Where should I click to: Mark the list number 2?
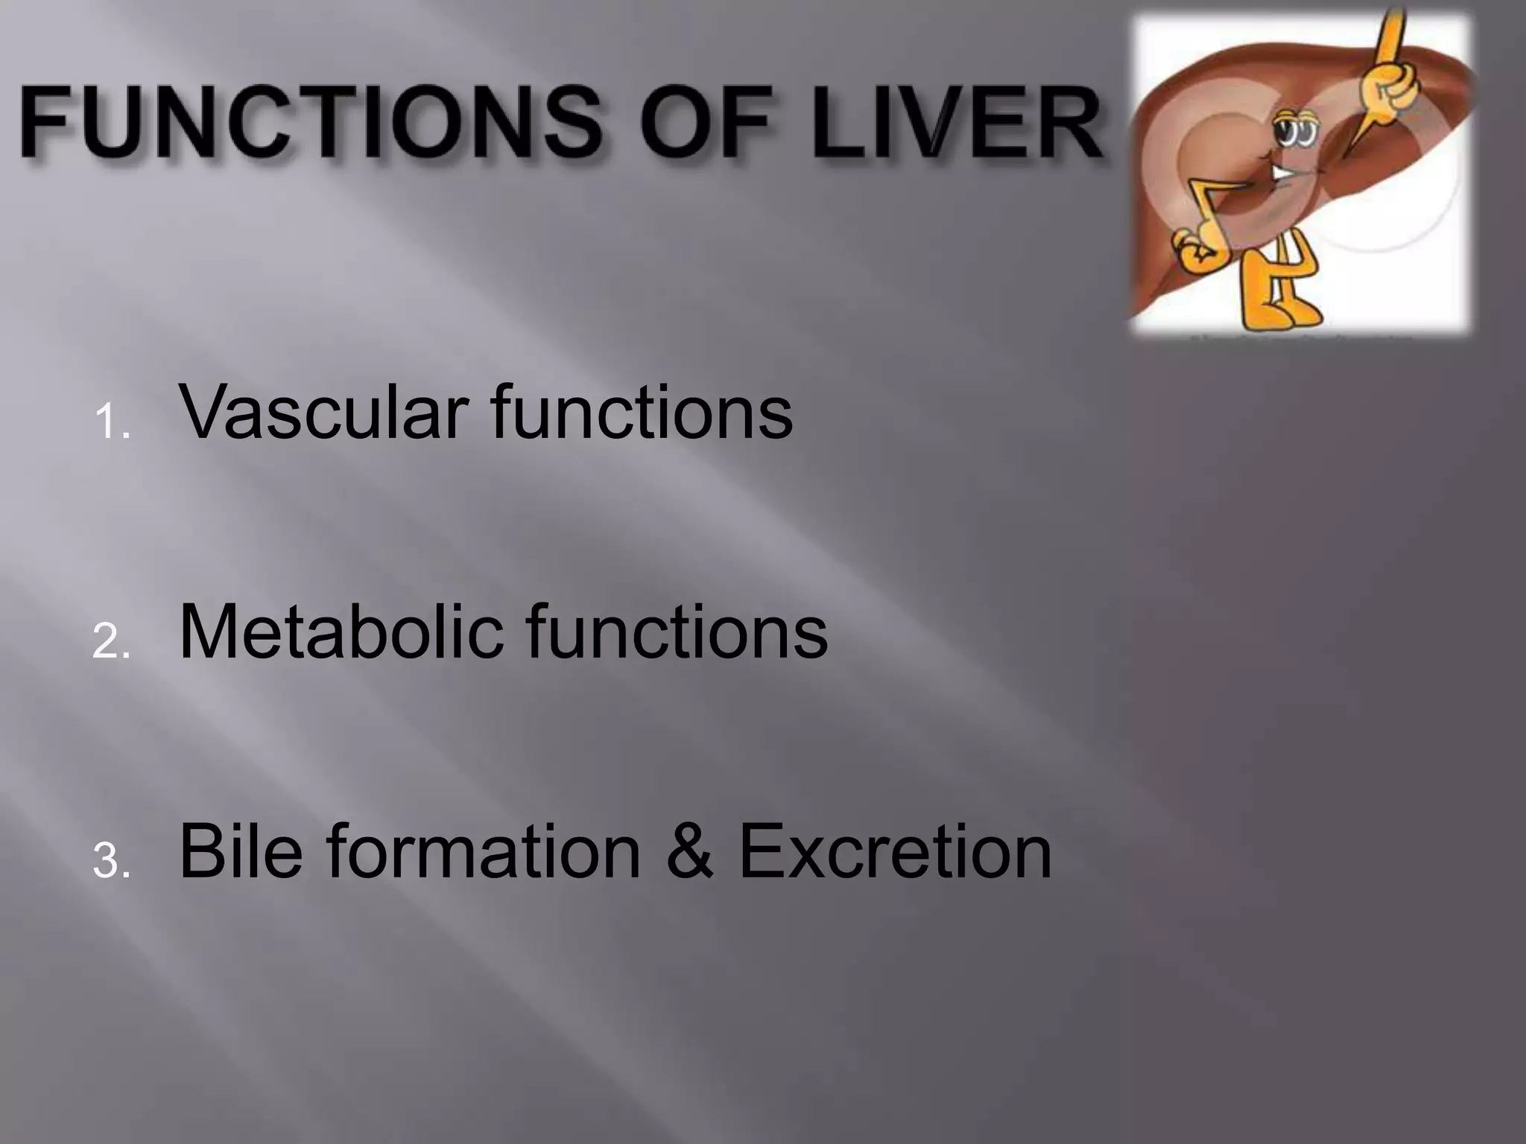[112, 642]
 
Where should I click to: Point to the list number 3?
[112, 862]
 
